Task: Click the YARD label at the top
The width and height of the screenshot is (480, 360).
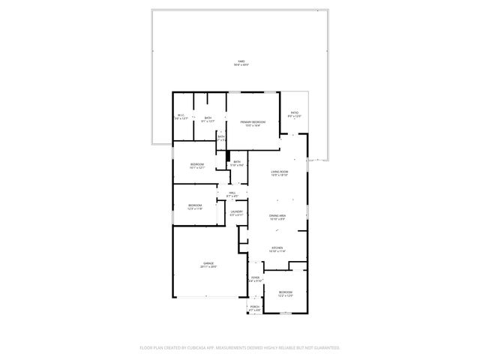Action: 241,61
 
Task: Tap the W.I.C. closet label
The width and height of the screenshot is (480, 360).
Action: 181,115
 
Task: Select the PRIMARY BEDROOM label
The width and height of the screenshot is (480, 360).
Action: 253,121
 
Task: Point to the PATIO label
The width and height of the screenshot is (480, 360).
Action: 294,112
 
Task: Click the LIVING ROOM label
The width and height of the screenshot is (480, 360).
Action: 279,172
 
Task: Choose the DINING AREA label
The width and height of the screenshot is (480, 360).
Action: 277,216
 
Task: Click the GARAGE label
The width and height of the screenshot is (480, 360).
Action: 208,263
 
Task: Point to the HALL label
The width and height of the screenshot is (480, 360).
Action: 232,193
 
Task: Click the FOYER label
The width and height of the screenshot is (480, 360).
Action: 254,277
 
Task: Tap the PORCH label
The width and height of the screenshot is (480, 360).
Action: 254,307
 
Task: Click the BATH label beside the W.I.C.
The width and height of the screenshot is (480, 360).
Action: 208,118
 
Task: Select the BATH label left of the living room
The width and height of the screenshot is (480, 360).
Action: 236,162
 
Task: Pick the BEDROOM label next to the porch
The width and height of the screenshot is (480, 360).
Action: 285,292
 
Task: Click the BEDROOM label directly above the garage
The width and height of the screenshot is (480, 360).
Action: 195,205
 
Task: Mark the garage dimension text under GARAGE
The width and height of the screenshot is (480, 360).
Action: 208,267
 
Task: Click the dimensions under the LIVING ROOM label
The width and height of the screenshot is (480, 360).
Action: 279,175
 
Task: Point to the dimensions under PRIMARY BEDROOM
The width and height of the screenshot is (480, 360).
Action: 253,125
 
